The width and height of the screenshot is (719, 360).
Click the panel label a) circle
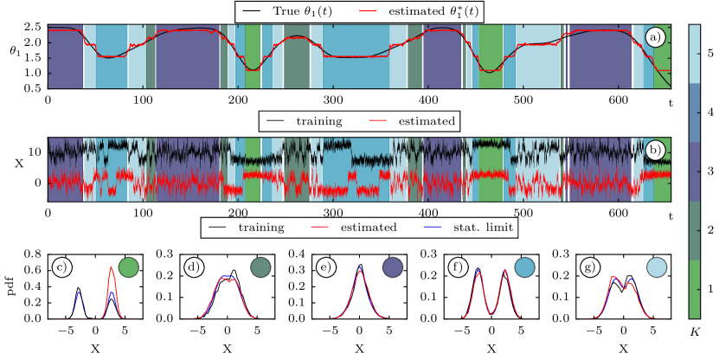click(x=655, y=36)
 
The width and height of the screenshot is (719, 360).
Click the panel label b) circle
click(x=655, y=149)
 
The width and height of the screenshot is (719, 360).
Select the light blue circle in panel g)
click(x=657, y=267)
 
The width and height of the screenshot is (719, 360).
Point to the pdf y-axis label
click(x=10, y=286)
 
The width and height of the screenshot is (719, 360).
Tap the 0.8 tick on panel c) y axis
click(x=33, y=255)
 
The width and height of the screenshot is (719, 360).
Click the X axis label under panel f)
click(x=491, y=350)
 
